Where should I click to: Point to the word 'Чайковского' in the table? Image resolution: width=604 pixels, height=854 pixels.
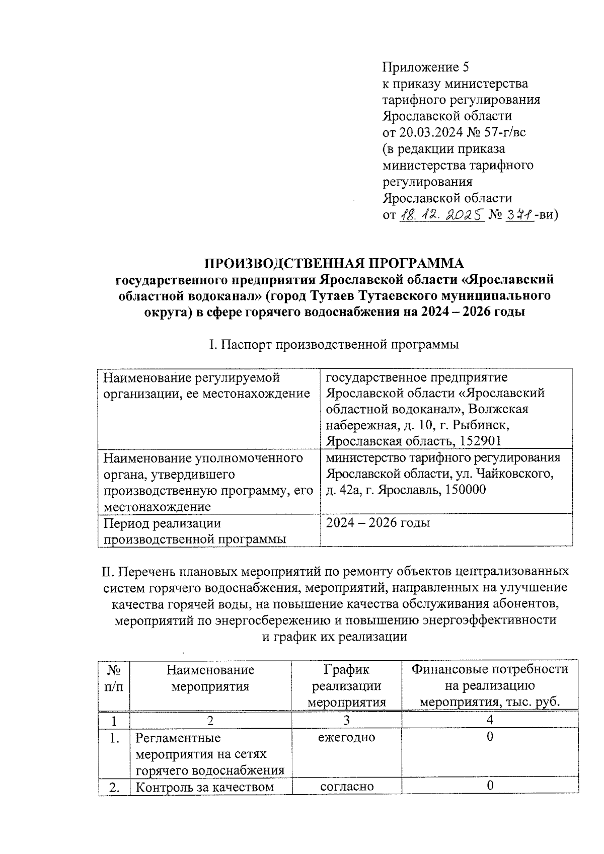(515, 474)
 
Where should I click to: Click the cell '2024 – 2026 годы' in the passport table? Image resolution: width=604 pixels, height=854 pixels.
(377, 523)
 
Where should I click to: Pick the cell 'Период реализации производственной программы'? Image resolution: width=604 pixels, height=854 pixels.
(195, 531)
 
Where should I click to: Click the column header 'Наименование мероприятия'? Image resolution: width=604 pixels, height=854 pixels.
(210, 678)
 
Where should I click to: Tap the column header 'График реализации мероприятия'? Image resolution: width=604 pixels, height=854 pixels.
(346, 686)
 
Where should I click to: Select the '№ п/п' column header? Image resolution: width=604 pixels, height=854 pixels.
(113, 678)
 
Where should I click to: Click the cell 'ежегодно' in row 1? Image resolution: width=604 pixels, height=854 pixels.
(346, 737)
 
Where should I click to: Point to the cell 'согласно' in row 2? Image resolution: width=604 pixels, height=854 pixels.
(346, 786)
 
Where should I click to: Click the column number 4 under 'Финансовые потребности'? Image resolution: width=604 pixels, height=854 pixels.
(490, 720)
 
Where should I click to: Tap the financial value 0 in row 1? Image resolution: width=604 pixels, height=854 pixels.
(490, 737)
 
